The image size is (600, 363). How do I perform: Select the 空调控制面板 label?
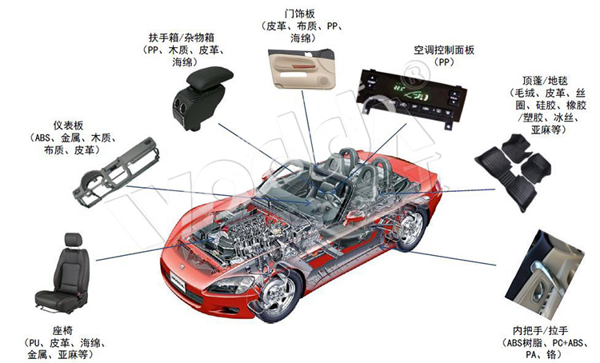444,50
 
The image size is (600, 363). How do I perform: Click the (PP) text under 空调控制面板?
444,62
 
